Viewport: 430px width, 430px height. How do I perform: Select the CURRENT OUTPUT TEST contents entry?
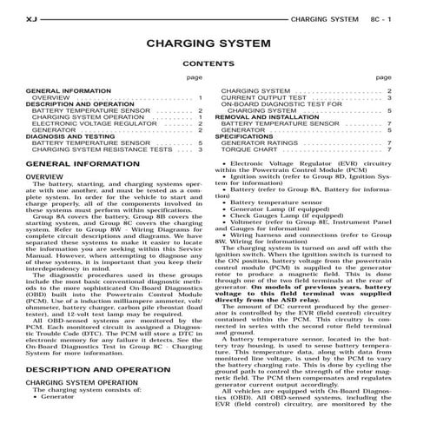point(264,97)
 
